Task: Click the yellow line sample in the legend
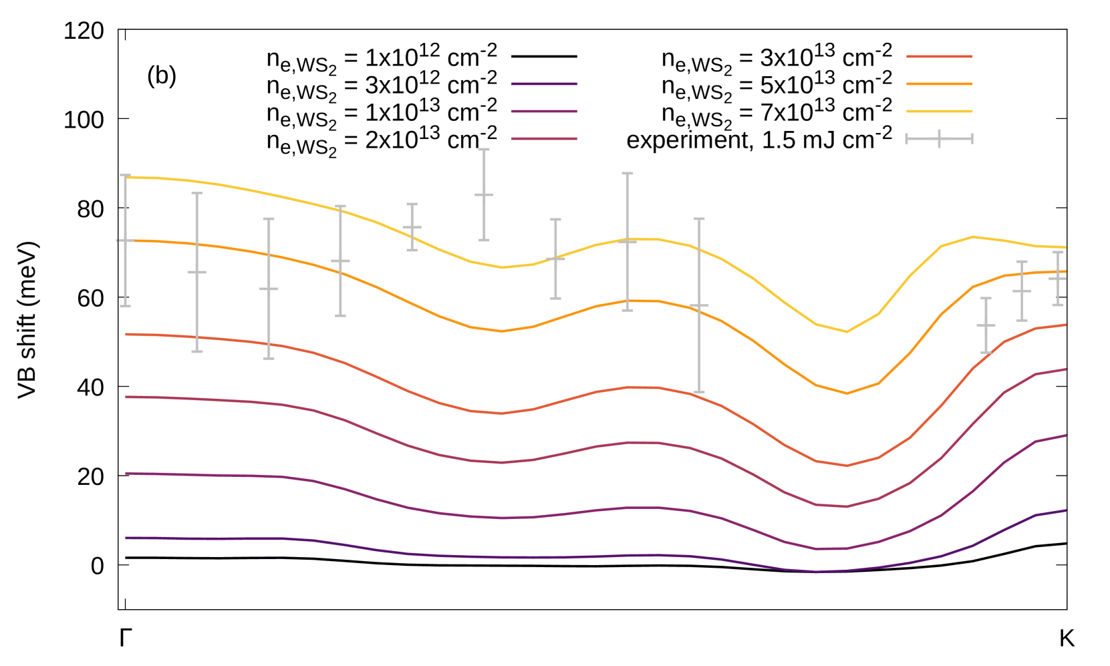click(x=939, y=112)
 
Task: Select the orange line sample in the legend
click(x=939, y=84)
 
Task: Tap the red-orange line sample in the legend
click(x=939, y=57)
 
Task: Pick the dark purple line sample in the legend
click(x=543, y=84)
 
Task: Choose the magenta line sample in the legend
click(x=543, y=112)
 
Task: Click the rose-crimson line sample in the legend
click(x=543, y=139)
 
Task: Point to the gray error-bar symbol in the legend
click(x=939, y=139)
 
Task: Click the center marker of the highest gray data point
click(x=484, y=194)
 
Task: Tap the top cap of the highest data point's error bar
click(x=484, y=150)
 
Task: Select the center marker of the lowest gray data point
click(x=986, y=325)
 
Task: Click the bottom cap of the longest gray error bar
click(x=699, y=391)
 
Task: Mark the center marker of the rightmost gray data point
click(x=1057, y=279)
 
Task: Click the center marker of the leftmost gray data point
click(x=126, y=240)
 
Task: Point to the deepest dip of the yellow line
click(x=847, y=331)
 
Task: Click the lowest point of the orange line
click(x=847, y=393)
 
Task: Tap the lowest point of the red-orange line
click(x=847, y=466)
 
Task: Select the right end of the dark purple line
click(x=1067, y=510)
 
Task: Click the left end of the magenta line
click(x=126, y=473)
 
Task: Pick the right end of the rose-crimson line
click(x=1067, y=369)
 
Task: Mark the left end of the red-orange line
click(x=126, y=334)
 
